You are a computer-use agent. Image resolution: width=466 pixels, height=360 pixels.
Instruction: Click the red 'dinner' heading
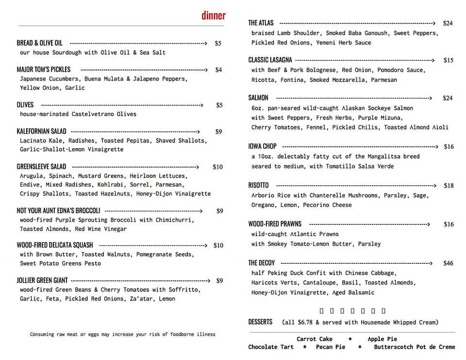[x=214, y=16]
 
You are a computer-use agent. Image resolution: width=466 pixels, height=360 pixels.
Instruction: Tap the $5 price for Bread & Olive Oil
[x=218, y=43]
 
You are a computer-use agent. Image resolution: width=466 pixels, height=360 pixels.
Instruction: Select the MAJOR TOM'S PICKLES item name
[x=44, y=69]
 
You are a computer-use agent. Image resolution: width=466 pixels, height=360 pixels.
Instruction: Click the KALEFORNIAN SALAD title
[x=41, y=131]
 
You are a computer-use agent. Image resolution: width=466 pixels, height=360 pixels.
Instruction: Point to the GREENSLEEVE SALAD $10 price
[x=217, y=167]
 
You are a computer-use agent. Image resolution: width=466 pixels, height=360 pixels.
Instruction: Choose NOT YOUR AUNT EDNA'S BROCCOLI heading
[x=58, y=211]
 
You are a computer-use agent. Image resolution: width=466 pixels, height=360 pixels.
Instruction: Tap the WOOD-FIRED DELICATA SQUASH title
[x=55, y=245]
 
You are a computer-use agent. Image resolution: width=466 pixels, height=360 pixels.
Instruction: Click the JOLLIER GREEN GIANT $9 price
[x=219, y=280]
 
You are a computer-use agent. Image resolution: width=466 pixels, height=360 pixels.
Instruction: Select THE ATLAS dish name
[x=261, y=23]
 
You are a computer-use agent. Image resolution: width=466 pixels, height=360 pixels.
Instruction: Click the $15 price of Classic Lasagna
[x=448, y=60]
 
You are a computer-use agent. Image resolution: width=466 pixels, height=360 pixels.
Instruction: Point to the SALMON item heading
[x=258, y=98]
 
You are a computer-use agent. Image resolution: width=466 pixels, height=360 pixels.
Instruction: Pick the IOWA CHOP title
[x=262, y=146]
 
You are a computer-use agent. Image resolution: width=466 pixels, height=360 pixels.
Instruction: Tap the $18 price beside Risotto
[x=449, y=186]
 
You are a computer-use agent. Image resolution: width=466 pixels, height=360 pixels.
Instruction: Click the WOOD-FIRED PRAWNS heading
[x=275, y=224]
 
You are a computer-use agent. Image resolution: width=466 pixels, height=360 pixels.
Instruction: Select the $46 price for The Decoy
[x=448, y=263]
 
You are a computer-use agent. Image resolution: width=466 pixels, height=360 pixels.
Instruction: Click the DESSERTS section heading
[x=260, y=322]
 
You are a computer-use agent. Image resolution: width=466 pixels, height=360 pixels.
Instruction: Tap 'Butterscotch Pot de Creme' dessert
[x=414, y=347]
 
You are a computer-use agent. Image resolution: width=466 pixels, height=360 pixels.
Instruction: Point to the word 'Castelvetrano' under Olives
[x=88, y=114]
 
